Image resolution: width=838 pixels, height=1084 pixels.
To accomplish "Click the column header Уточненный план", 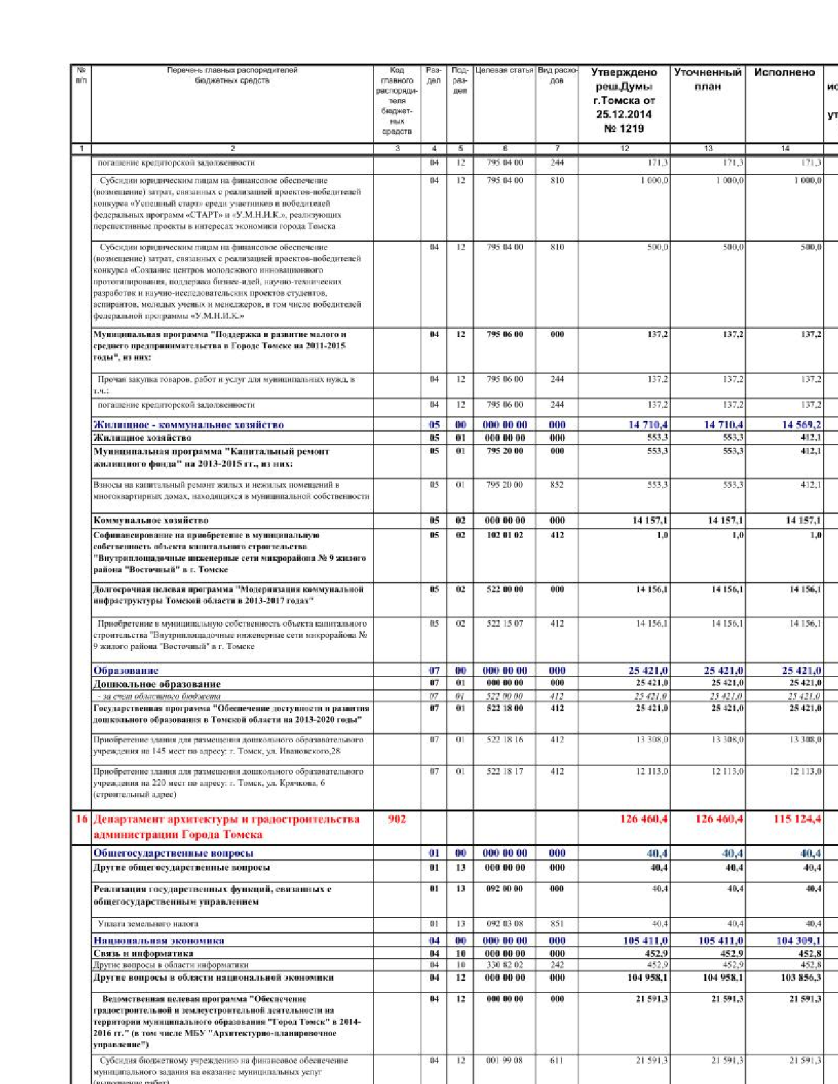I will coord(707,79).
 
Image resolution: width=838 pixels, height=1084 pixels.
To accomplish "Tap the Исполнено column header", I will coord(784,73).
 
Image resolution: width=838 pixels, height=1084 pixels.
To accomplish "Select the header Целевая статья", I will coord(504,70).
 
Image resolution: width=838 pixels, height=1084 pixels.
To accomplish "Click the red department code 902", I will coord(397,819).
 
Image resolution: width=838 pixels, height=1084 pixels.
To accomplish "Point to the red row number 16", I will coord(81,819).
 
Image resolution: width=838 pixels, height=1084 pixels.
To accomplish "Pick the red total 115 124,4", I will coord(797,819).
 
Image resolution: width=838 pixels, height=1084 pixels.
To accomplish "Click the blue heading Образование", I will coord(126,671).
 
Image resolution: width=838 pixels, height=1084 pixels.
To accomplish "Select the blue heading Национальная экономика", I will coord(158,941).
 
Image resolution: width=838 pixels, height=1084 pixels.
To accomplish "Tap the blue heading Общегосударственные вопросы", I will coord(173,853).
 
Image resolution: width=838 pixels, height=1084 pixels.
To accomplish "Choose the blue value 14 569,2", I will coord(801,425).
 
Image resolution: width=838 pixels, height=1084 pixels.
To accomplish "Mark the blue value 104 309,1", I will coord(799,941).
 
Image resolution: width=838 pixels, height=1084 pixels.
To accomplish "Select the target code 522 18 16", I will coord(505,740).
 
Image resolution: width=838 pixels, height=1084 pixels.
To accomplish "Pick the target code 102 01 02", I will coord(505,535).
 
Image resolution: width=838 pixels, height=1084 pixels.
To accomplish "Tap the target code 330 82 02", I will coord(505,965).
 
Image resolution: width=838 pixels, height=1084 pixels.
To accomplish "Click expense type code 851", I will coord(557,924).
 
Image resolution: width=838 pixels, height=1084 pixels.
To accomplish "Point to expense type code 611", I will coord(557,1060).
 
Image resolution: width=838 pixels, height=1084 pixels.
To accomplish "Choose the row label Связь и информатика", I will coord(143,953).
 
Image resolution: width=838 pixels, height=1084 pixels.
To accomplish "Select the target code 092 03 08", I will coord(505,924).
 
